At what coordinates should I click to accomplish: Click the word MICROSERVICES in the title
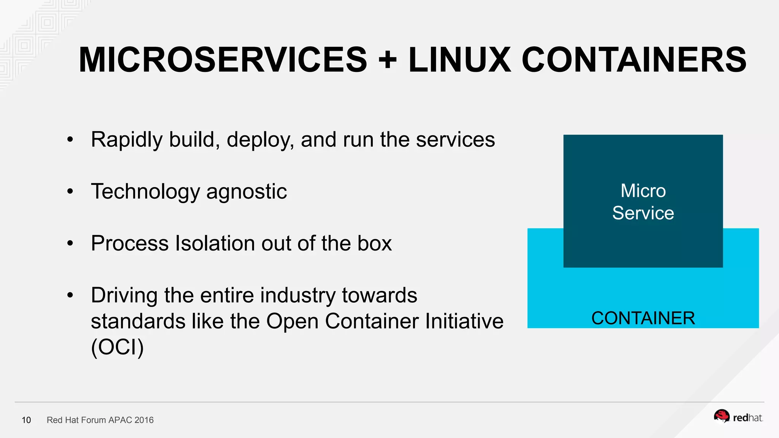(223, 60)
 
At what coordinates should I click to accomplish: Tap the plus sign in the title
(388, 60)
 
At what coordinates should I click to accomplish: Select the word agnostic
(246, 192)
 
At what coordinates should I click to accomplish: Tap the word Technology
(145, 192)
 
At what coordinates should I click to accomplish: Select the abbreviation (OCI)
(118, 347)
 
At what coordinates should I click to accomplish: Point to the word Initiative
(464, 321)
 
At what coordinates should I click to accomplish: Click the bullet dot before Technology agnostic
(70, 191)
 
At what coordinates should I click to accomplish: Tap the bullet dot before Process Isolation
(70, 243)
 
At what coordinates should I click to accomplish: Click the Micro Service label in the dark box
(643, 202)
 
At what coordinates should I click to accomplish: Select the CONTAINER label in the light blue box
(643, 318)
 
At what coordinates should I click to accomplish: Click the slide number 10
(26, 420)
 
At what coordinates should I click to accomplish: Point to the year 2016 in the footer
(144, 420)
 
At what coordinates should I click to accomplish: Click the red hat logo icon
(721, 416)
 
